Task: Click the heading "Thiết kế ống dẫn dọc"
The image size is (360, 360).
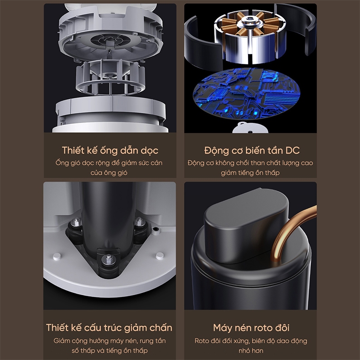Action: pyautogui.click(x=110, y=151)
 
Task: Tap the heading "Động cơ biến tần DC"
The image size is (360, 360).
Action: pyautogui.click(x=252, y=151)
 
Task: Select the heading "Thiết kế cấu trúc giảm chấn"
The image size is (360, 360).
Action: pyautogui.click(x=109, y=328)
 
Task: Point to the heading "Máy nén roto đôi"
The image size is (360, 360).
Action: pyautogui.click(x=251, y=328)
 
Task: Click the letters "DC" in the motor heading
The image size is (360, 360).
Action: pyautogui.click(x=292, y=151)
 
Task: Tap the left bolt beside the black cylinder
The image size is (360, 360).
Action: pyautogui.click(x=77, y=222)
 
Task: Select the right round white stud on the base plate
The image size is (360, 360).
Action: pyautogui.click(x=160, y=256)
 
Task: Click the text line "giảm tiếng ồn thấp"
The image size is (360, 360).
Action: pyautogui.click(x=250, y=172)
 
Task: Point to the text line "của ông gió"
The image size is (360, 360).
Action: pyautogui.click(x=109, y=172)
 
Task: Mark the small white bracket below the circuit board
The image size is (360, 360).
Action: pyautogui.click(x=250, y=128)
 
